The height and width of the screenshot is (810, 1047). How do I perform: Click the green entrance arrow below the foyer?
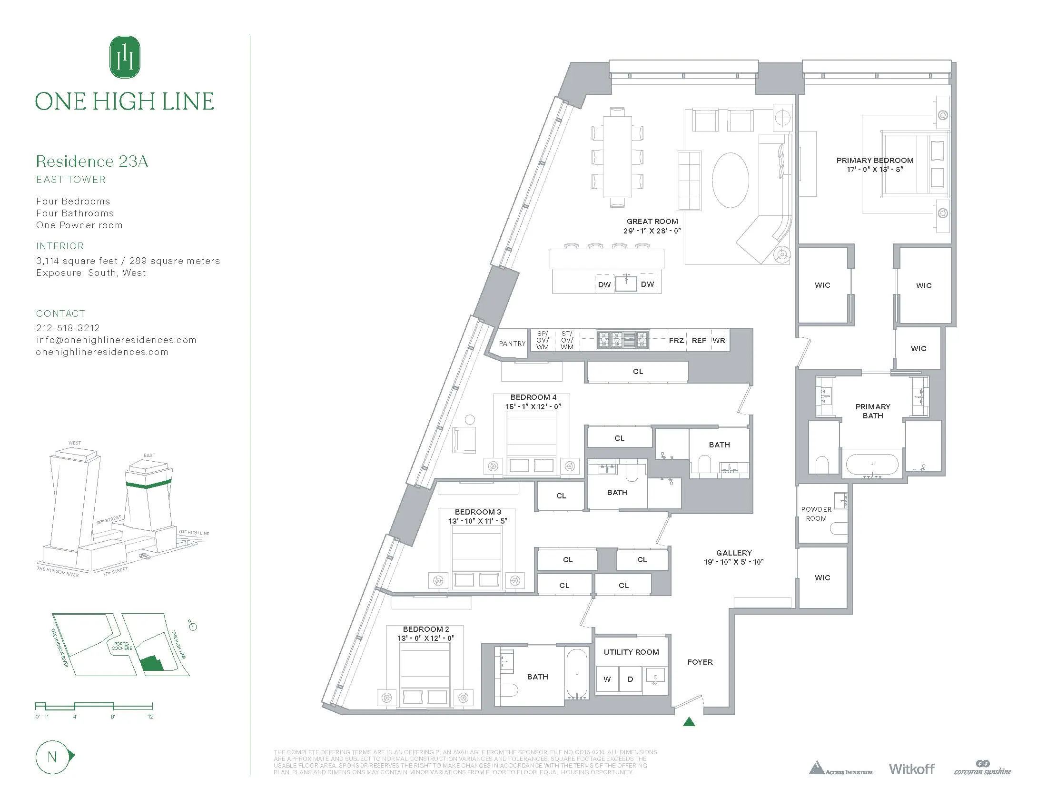689,721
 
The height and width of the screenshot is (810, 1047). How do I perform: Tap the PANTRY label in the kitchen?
512,344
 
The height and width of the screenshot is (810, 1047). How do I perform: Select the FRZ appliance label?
676,340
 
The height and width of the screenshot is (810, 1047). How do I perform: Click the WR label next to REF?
719,340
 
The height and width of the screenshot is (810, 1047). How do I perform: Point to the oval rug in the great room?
730,180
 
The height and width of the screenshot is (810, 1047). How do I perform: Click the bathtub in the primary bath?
872,465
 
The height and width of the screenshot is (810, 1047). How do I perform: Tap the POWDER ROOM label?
816,514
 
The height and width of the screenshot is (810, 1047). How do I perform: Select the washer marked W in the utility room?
607,679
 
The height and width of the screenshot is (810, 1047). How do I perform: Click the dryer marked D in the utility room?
631,679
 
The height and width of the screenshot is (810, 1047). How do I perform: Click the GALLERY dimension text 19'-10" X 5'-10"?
733,562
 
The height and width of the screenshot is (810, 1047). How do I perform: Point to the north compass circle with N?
52,757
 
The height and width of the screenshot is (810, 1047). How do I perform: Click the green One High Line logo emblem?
125,57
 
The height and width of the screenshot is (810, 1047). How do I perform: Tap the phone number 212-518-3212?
68,328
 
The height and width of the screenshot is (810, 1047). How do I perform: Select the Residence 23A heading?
92,161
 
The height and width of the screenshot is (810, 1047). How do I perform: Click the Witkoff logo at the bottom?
911,769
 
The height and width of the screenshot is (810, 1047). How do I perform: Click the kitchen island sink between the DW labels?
626,283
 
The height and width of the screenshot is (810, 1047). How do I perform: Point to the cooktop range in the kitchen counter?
622,340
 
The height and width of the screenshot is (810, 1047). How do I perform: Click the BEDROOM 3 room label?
477,512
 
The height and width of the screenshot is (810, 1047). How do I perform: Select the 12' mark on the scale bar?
151,717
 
